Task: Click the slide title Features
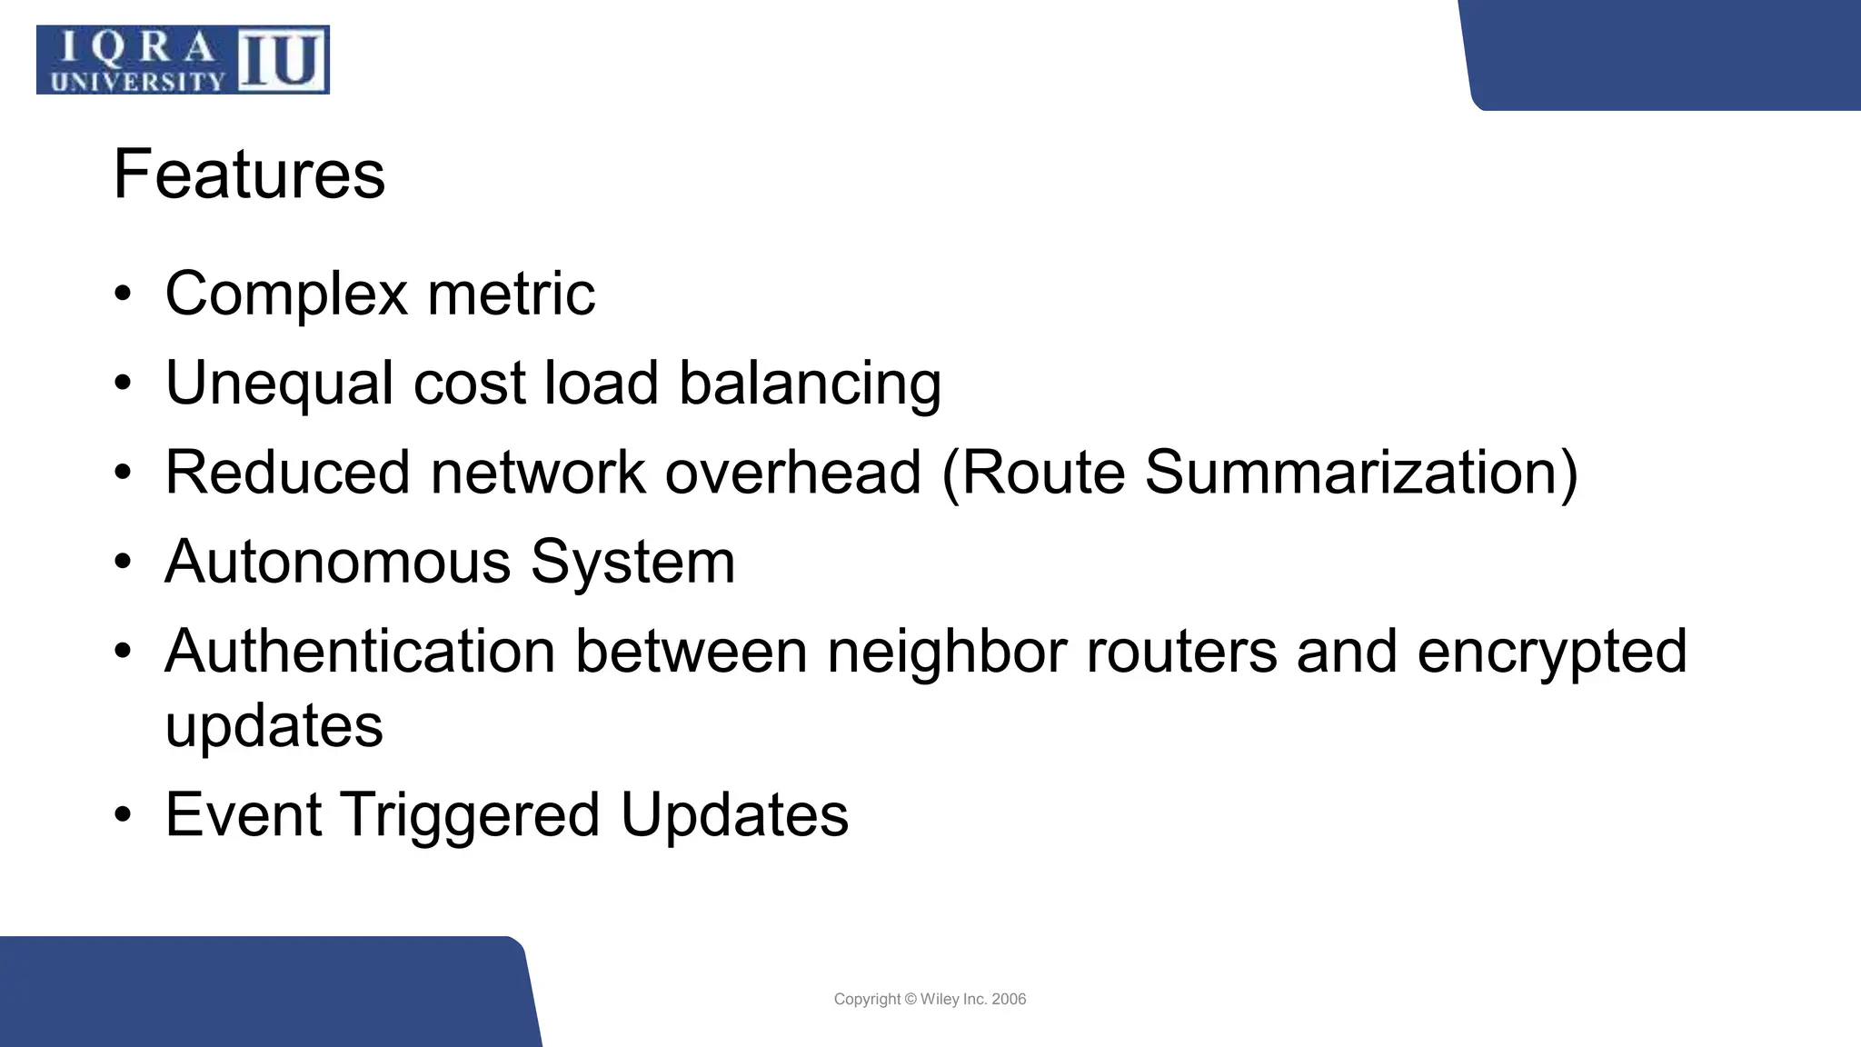(249, 174)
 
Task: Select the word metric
(511, 294)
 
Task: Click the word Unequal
(279, 383)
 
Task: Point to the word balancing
(810, 383)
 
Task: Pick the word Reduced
(287, 472)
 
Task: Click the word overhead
(793, 472)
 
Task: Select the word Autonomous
(337, 561)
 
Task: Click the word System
(632, 561)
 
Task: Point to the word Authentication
(360, 651)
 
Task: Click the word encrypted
(1552, 651)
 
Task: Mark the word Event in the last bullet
(243, 813)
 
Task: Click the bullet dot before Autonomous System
(124, 563)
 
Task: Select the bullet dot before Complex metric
(124, 295)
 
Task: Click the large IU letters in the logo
(282, 60)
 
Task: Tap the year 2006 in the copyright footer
(1009, 999)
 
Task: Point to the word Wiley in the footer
(940, 999)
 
